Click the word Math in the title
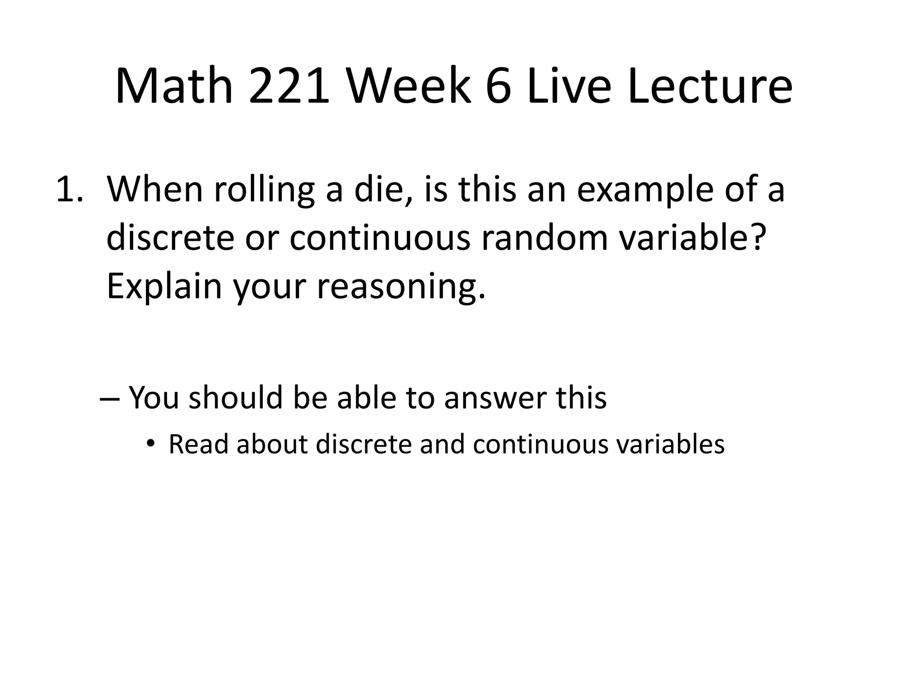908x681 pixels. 174,86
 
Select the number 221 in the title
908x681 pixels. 289,86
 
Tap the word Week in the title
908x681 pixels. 408,86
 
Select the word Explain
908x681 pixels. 164,287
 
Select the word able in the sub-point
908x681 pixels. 366,397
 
